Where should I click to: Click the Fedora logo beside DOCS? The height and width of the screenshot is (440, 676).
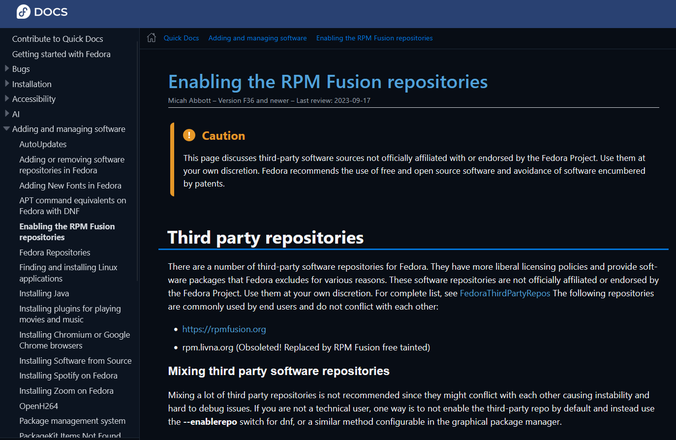24,12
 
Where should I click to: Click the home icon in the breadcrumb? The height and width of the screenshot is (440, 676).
152,37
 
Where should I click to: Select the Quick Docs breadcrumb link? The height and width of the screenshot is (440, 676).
181,38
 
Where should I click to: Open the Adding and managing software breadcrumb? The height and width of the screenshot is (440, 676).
257,38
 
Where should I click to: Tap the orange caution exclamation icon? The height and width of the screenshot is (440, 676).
189,135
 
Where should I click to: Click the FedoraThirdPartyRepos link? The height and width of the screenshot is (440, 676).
505,293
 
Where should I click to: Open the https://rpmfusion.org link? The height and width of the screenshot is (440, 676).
224,329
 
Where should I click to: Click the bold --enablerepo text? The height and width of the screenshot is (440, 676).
210,422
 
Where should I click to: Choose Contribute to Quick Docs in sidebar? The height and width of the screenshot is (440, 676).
58,39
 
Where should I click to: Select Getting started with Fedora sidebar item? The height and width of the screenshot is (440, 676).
61,54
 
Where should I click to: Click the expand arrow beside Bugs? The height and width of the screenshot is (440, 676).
7,69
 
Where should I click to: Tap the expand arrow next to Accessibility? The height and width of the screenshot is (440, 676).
7,99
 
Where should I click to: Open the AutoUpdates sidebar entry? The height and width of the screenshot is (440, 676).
43,144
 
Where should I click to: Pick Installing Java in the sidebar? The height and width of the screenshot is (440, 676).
44,293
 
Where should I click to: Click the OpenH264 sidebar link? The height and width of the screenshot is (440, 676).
38,406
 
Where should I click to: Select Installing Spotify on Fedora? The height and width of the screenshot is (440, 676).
68,376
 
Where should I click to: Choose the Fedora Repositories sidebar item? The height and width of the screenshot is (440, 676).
55,252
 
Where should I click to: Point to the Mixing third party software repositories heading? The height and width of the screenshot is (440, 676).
278,371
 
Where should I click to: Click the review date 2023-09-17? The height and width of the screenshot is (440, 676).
352,100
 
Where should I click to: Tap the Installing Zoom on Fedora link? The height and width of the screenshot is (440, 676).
66,391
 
